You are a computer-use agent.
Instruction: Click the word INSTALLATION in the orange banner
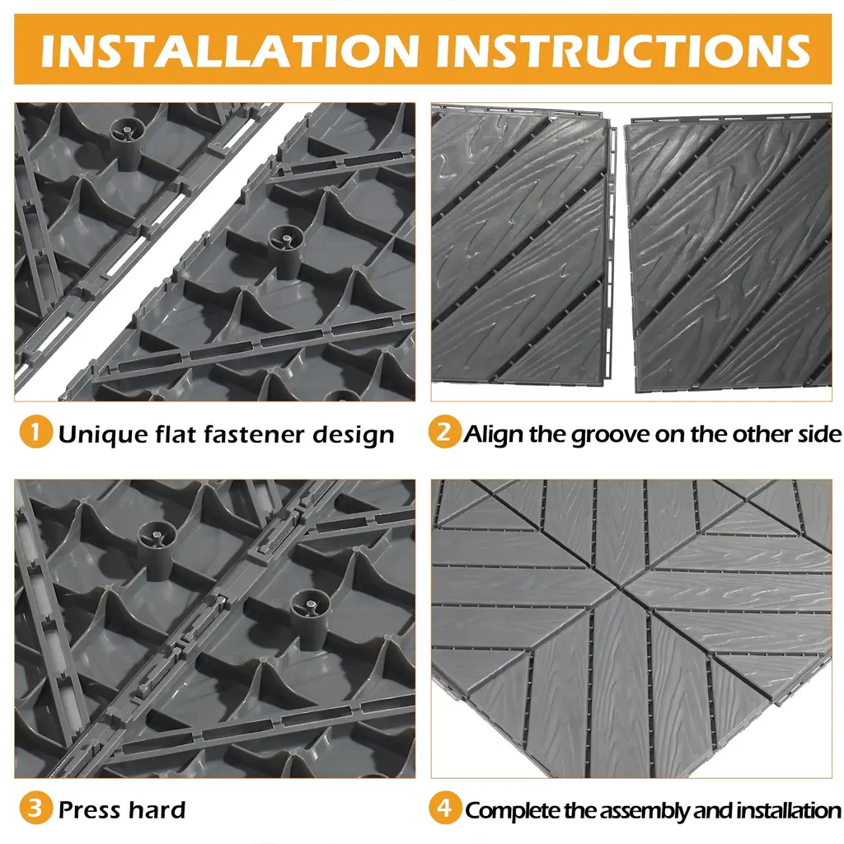(x=230, y=51)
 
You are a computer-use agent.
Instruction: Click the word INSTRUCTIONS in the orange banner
(x=623, y=51)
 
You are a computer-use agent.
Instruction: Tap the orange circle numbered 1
(x=35, y=432)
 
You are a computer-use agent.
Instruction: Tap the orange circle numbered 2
(x=444, y=432)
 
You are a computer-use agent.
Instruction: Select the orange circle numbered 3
(x=35, y=808)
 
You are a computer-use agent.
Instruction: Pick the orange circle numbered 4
(x=444, y=808)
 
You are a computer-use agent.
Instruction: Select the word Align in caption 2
(x=494, y=434)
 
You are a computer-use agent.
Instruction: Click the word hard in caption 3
(x=157, y=809)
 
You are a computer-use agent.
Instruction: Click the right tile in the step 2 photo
(x=729, y=252)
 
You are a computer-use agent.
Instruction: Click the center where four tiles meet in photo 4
(x=621, y=590)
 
